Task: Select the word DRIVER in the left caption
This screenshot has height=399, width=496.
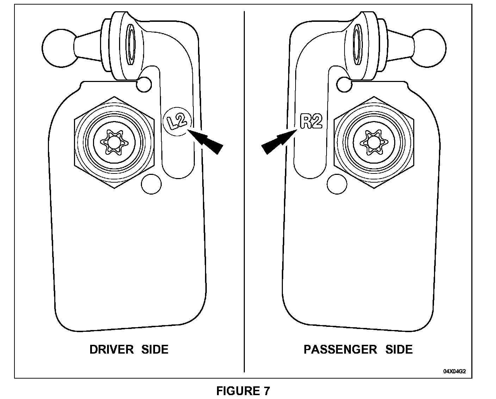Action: point(111,349)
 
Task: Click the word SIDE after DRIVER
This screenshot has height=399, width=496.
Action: point(155,349)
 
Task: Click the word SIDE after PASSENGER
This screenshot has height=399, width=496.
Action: point(399,349)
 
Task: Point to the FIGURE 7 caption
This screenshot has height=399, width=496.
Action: point(243,391)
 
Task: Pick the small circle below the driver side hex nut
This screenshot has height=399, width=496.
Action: point(151,184)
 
